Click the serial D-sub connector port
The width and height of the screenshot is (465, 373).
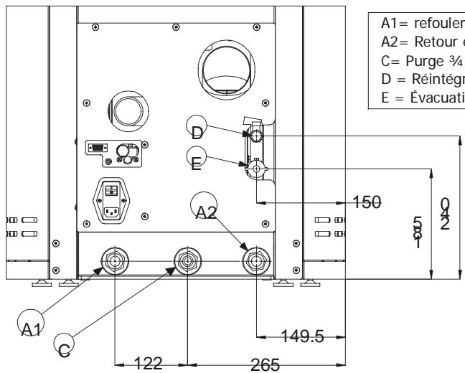tap(95, 148)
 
